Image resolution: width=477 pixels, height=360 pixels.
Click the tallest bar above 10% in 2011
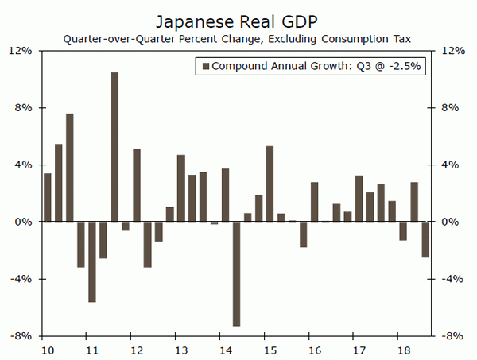pyautogui.click(x=114, y=147)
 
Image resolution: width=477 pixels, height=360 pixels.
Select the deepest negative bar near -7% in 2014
pyautogui.click(x=237, y=273)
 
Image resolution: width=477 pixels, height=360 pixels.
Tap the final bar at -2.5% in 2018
pyautogui.click(x=425, y=239)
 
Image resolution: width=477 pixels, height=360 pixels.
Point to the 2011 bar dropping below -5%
pyautogui.click(x=92, y=261)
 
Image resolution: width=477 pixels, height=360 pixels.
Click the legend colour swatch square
pyautogui.click(x=205, y=67)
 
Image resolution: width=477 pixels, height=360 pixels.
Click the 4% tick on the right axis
pyautogui.click(x=449, y=165)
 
